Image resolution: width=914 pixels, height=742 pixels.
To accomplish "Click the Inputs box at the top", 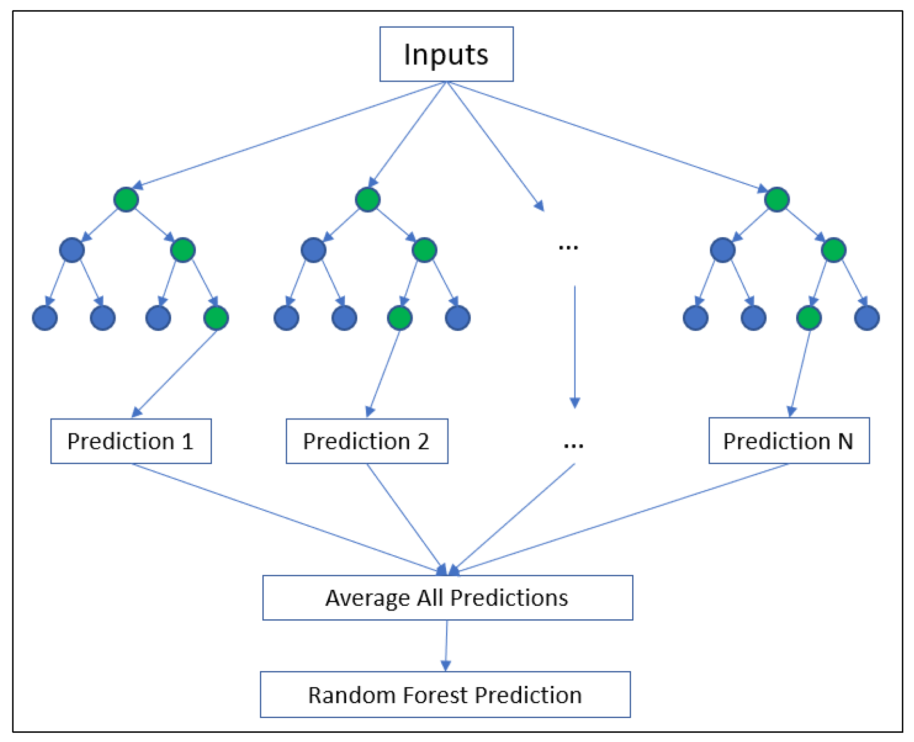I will (446, 54).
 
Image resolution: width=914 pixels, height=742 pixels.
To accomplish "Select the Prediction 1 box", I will (131, 441).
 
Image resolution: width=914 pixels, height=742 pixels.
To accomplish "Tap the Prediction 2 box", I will (367, 441).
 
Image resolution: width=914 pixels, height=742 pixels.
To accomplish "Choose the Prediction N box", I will (788, 440).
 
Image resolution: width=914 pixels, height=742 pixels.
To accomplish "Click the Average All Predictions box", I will (447, 597).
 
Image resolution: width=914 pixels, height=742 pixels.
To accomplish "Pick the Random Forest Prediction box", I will (445, 694).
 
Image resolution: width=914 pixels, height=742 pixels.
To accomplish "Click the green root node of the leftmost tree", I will (126, 199).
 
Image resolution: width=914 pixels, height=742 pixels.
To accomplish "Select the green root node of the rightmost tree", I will (777, 199).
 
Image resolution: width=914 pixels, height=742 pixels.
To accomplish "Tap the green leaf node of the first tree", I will (216, 318).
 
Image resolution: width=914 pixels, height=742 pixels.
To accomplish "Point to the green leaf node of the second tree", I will (400, 318).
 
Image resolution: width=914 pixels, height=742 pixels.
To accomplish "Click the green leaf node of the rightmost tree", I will (809, 318).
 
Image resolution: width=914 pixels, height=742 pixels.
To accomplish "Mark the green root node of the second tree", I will (368, 199).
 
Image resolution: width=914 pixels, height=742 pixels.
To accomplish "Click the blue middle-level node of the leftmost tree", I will (72, 250).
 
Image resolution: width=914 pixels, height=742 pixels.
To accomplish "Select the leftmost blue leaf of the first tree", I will (45, 318).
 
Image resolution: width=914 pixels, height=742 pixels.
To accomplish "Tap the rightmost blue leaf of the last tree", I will (867, 318).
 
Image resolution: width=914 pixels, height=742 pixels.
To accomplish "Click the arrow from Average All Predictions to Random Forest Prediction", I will (446, 645).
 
